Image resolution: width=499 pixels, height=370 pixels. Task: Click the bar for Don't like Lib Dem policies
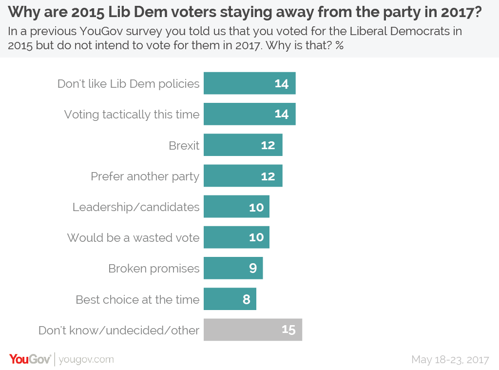click(x=249, y=83)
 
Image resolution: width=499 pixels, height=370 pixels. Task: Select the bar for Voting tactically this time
click(x=249, y=114)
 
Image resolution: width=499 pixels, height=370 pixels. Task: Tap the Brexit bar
click(x=243, y=145)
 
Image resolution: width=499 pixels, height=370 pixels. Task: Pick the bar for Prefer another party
click(x=243, y=176)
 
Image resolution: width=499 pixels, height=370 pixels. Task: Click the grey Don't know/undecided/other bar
click(x=252, y=330)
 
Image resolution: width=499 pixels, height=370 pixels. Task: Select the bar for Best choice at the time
click(x=230, y=299)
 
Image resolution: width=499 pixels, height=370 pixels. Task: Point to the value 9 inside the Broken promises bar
click(x=253, y=269)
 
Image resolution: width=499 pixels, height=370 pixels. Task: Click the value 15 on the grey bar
click(x=288, y=330)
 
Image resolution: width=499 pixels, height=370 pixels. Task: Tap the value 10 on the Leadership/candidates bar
click(x=256, y=207)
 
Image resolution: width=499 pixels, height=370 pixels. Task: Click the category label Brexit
click(x=184, y=145)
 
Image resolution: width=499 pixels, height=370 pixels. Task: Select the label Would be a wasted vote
click(x=133, y=238)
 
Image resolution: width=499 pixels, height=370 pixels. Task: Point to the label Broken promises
click(x=154, y=269)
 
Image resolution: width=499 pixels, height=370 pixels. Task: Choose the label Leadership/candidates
click(x=136, y=207)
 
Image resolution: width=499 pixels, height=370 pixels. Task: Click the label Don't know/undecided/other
click(x=119, y=330)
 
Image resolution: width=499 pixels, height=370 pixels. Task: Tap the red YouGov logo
click(x=30, y=359)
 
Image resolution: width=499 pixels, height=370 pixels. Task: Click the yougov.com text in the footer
click(x=86, y=359)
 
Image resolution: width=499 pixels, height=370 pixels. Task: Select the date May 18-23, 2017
click(x=450, y=359)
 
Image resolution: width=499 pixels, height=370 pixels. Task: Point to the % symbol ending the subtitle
click(x=339, y=45)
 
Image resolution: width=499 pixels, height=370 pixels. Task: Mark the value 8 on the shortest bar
click(x=247, y=299)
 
